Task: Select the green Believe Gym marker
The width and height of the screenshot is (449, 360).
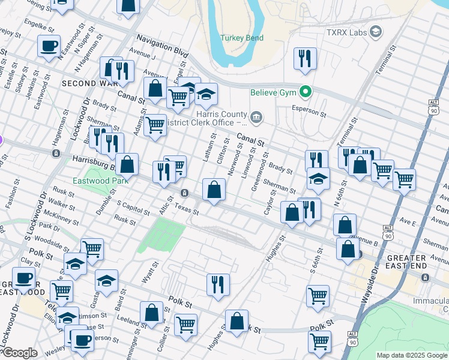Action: tap(306, 92)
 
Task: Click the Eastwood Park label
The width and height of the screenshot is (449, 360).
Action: tap(93, 180)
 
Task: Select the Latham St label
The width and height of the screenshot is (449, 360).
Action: tap(208, 149)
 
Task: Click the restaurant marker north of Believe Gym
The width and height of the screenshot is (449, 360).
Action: tap(305, 59)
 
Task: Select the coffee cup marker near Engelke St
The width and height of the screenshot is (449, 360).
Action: tap(49, 46)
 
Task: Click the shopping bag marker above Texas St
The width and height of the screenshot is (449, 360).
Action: tap(214, 190)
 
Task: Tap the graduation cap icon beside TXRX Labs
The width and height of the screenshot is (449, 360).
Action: tap(376, 31)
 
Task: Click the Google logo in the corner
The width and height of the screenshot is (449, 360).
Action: tap(19, 353)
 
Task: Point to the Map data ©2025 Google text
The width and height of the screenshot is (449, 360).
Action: tap(412, 355)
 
